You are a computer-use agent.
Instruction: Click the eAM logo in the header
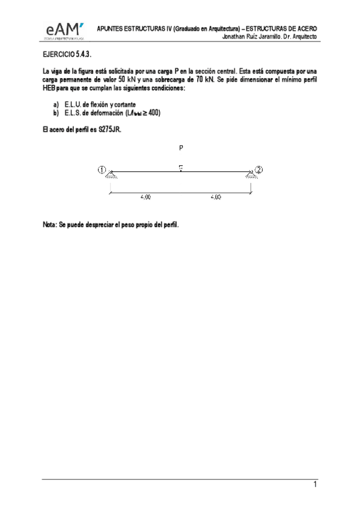pyautogui.click(x=64, y=31)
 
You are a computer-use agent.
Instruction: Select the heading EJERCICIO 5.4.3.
pyautogui.click(x=66, y=54)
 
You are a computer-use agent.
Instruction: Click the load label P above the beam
pyautogui.click(x=181, y=147)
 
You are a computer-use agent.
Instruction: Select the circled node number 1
pyautogui.click(x=102, y=169)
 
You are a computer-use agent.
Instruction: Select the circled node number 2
pyautogui.click(x=259, y=169)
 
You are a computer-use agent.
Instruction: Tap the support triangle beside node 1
pyautogui.click(x=111, y=174)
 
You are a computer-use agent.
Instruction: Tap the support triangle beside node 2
pyautogui.click(x=250, y=174)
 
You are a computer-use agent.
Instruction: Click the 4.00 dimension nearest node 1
pyautogui.click(x=145, y=197)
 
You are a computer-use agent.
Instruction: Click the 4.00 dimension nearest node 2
pyautogui.click(x=216, y=197)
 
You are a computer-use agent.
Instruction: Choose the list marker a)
pyautogui.click(x=56, y=105)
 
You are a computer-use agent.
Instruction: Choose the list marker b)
pyautogui.click(x=56, y=112)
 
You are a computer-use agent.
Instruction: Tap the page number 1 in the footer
pyautogui.click(x=314, y=485)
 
